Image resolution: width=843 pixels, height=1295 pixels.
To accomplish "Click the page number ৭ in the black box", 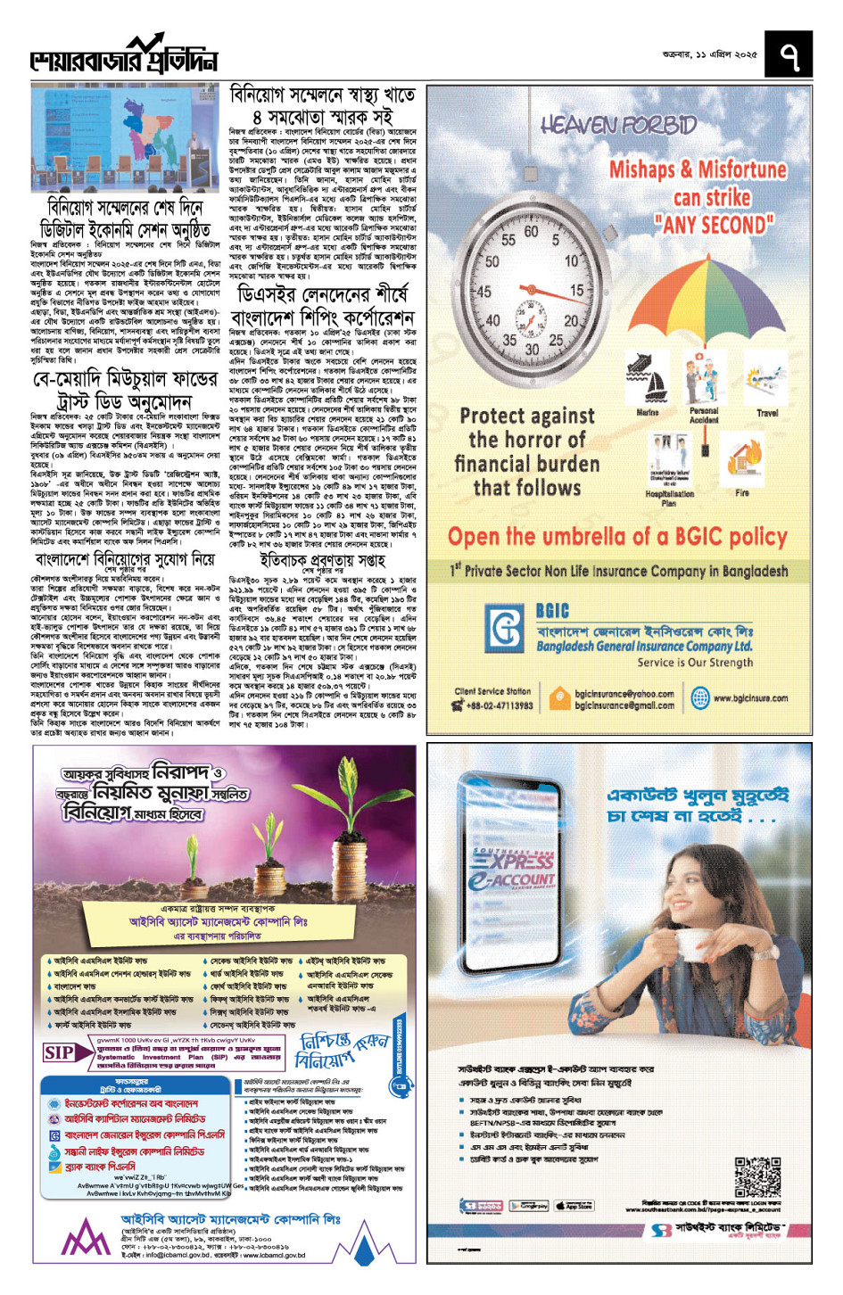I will pos(789,54).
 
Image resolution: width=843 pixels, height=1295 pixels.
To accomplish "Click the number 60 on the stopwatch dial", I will pos(531,232).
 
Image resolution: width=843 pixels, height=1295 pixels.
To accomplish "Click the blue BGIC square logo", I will pos(505,629).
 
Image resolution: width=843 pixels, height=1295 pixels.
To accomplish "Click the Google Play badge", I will pos(528,1206).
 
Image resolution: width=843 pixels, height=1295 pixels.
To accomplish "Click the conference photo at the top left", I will pos(125,138).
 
